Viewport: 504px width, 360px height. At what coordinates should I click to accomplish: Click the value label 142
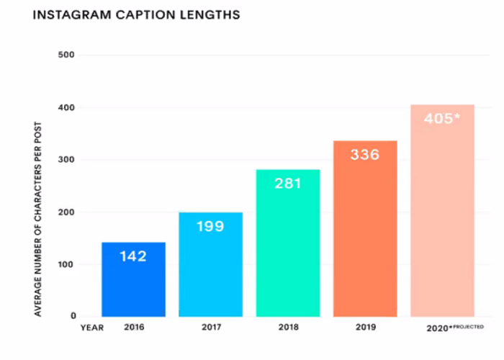pos(133,256)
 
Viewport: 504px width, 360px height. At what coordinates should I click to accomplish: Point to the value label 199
pos(210,226)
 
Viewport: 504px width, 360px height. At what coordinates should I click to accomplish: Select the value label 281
pos(287,183)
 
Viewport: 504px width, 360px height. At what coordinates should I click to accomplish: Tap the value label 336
pos(364,154)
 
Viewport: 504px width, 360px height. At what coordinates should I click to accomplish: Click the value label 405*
pos(441,119)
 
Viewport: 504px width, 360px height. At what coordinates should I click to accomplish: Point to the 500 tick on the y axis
pos(67,55)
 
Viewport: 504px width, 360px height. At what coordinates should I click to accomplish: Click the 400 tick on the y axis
pos(67,107)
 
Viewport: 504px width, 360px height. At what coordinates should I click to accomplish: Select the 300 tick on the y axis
pos(67,160)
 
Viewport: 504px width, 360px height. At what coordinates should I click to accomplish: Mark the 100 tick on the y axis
pos(67,264)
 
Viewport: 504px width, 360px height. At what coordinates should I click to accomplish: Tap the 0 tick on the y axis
pos(73,316)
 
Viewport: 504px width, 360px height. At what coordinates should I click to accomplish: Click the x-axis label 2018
pos(287,328)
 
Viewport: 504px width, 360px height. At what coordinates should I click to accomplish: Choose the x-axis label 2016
pos(133,328)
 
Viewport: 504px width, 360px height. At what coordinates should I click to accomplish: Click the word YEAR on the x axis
pos(91,328)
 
